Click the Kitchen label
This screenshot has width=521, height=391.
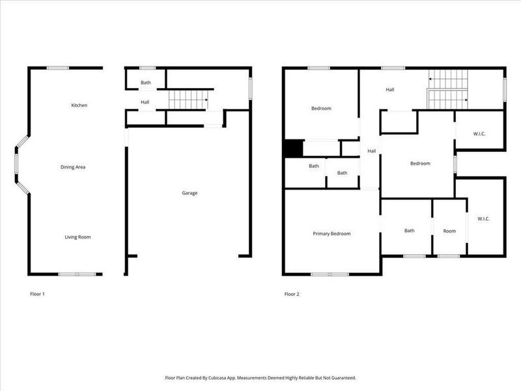click(79, 105)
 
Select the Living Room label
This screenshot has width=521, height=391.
click(77, 237)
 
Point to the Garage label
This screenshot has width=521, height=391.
click(190, 193)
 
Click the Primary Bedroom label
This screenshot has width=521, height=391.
click(331, 233)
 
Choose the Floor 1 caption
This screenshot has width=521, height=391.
click(37, 294)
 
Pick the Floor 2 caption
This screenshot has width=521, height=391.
click(292, 294)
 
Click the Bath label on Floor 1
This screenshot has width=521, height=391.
click(146, 83)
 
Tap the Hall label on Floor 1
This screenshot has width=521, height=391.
click(145, 102)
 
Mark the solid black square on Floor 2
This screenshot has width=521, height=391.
click(292, 149)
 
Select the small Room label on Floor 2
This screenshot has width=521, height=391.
click(449, 231)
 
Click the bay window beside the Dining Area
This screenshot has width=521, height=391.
click(20, 166)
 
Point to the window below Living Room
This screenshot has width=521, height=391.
click(77, 274)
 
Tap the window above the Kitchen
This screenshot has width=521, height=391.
click(58, 68)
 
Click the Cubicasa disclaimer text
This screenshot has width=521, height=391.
click(260, 377)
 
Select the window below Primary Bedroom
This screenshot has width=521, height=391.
click(329, 274)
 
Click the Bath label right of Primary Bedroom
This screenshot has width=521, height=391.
click(409, 230)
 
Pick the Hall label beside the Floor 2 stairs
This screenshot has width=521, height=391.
click(390, 90)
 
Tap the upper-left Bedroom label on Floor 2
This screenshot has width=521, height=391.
click(321, 108)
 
